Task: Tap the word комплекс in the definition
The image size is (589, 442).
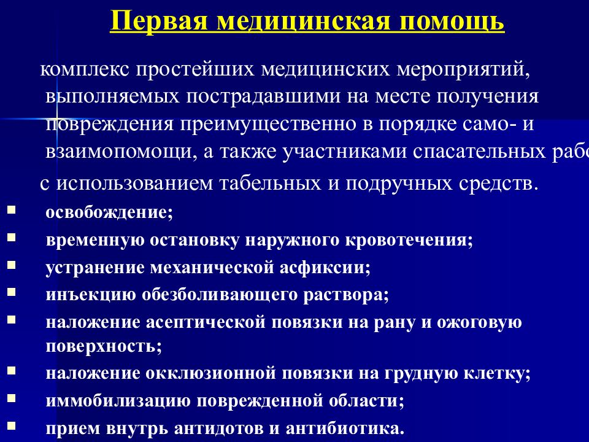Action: tap(85, 70)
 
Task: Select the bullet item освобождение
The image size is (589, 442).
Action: tap(109, 212)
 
